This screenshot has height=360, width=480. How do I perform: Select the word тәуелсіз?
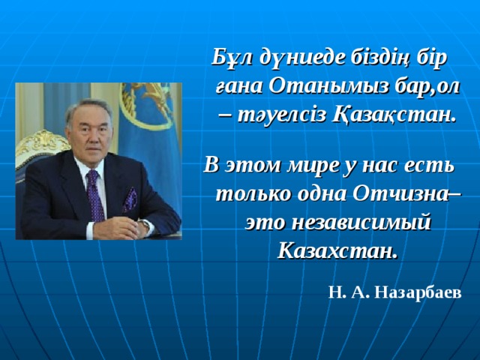pos(285,115)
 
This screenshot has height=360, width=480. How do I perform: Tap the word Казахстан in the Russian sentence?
pos(337,249)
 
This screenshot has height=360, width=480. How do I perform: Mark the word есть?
pos(439,164)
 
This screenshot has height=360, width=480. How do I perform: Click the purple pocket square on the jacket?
pos(129,199)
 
